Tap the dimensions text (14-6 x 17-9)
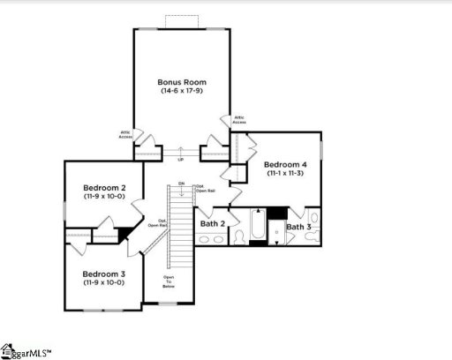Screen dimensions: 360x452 pos(182,91)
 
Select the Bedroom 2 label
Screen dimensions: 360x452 pos(104,188)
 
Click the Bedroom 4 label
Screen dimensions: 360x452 pos(284,165)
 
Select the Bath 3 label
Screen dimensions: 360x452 pos(298,227)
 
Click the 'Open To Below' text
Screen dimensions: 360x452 pos(168,282)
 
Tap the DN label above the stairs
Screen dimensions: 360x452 pos(181,184)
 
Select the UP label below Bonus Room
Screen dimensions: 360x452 pos(181,159)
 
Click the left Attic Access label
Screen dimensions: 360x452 pos(125,135)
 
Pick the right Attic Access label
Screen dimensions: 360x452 pos(238,119)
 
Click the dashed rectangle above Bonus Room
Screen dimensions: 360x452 pos(182,21)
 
